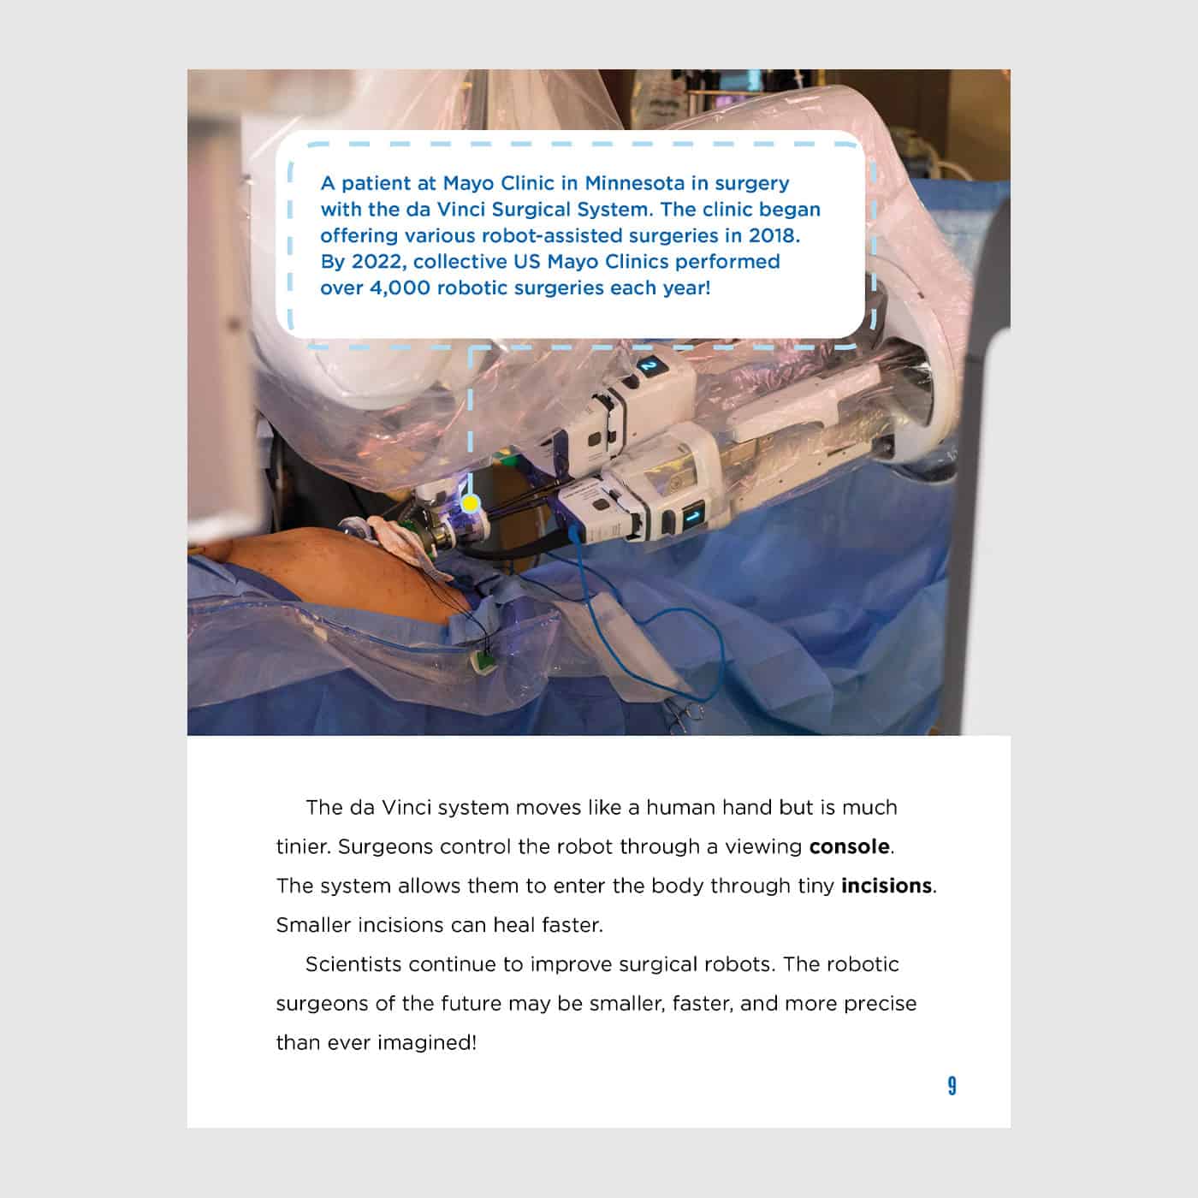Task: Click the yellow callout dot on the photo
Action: pos(470,503)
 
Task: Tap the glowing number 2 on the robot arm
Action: pos(650,366)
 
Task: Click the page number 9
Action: pos(952,1086)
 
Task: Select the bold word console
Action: pos(849,846)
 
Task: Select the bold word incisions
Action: pos(886,886)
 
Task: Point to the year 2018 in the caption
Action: pos(775,235)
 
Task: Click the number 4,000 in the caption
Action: pos(400,288)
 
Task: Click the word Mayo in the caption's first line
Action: pos(467,183)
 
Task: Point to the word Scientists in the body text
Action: pos(353,964)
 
